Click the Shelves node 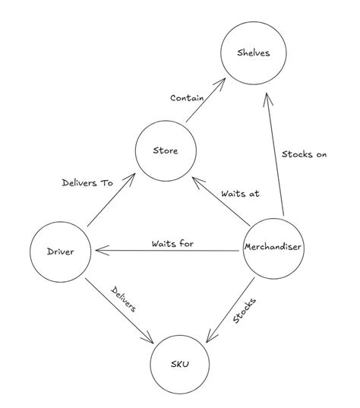[254, 53]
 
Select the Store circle [166, 150]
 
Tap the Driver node [62, 251]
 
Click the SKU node [180, 364]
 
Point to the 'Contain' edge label [186, 98]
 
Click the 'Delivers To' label [87, 182]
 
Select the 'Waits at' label [240, 194]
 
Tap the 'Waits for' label [172, 244]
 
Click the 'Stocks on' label [304, 155]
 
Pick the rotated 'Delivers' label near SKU [125, 300]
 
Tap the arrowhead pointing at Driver [96, 250]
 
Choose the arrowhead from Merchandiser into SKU [210, 337]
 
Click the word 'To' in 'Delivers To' [106, 182]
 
